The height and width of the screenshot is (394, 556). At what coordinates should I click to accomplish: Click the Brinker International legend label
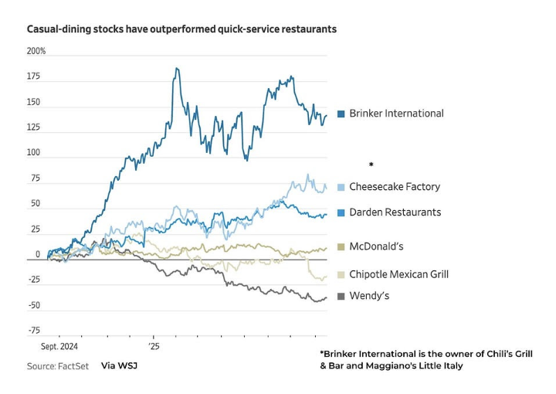point(396,113)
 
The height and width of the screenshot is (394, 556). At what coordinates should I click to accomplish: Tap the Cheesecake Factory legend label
point(395,187)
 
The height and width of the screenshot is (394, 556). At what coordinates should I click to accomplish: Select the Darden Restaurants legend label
point(395,212)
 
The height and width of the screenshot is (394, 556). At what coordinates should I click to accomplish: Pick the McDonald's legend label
point(376,246)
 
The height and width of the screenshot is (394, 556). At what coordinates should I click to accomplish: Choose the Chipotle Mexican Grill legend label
point(398,274)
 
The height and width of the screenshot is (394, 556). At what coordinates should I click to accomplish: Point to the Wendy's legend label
point(369,296)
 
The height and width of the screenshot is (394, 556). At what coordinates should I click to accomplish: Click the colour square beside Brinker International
point(341,114)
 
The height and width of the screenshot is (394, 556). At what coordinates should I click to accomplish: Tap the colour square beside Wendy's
point(341,296)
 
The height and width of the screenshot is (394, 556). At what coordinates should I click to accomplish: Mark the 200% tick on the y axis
point(36,51)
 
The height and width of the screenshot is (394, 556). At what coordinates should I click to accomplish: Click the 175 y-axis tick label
point(33,76)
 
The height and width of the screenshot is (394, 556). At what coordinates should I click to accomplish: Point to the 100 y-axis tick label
point(33,153)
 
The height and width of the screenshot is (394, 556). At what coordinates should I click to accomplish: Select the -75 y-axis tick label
point(34,331)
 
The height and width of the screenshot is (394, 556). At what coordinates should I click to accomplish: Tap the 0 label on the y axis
point(37,255)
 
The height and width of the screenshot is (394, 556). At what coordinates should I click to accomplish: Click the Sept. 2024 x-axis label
point(59,348)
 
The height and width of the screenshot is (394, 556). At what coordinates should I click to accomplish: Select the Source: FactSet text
point(57,365)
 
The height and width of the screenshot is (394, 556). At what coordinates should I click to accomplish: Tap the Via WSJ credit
point(119,365)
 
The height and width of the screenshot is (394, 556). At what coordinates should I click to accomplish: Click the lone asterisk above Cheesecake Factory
point(371,165)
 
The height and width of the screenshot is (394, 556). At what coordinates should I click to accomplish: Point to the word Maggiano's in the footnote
point(401,365)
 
